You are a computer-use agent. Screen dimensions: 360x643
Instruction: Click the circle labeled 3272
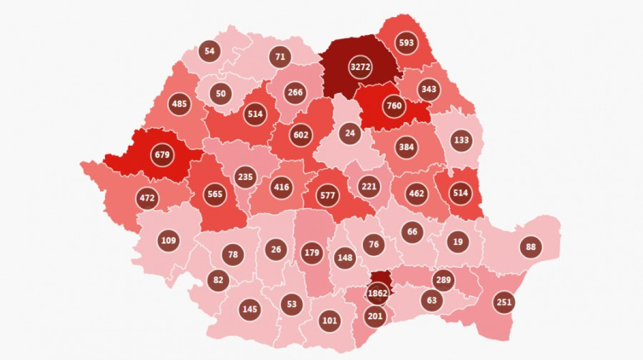coord(360,67)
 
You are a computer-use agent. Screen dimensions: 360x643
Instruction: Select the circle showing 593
coord(407,43)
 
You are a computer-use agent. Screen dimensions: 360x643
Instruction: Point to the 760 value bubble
coord(394,106)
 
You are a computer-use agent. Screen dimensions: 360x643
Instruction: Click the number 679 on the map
coord(162,155)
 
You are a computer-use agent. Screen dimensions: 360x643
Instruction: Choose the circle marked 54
coord(210,51)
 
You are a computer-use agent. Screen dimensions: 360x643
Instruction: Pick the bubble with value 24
coord(350,132)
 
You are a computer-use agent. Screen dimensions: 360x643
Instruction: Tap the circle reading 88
coord(531,247)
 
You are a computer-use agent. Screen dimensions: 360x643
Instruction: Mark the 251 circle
coord(504,302)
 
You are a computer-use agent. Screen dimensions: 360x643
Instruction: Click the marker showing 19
coord(458,242)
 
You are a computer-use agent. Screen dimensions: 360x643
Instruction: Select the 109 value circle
coord(168,241)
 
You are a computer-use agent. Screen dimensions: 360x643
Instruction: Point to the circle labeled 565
coord(213,194)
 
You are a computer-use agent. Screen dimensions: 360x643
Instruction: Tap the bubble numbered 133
coord(461,140)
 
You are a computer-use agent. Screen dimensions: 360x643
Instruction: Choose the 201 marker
coord(376,316)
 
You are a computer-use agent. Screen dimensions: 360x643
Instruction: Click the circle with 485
coord(180,103)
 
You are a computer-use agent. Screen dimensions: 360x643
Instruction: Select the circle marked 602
coord(301,135)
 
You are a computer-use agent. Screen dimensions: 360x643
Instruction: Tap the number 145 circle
coord(250,309)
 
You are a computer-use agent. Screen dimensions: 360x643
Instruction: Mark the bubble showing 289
coord(444,280)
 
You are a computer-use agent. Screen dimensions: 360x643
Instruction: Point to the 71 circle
coord(280,56)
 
